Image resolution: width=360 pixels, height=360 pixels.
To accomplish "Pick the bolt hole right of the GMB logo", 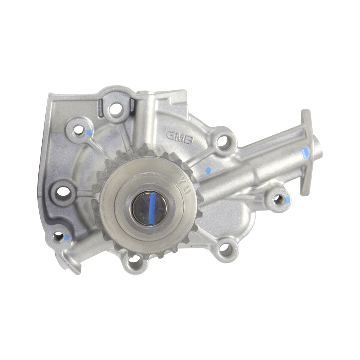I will (223, 140).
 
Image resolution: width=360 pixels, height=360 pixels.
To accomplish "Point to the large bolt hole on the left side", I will (63, 191).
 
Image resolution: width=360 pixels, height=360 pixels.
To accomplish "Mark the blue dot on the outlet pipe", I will (305, 153).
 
